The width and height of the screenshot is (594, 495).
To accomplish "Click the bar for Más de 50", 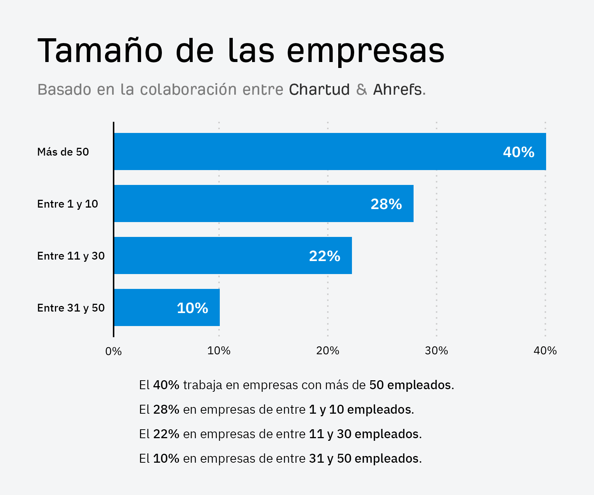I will pyautogui.click(x=330, y=152).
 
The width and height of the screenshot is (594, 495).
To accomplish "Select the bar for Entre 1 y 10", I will pyautogui.click(x=264, y=203).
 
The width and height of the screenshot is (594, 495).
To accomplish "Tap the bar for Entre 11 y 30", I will pyautogui.click(x=233, y=255).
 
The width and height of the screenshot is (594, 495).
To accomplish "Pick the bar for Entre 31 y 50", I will pyautogui.click(x=167, y=307).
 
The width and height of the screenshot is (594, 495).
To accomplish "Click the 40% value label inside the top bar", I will pyautogui.click(x=518, y=152).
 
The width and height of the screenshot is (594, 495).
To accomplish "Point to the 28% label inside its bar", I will pyautogui.click(x=386, y=204).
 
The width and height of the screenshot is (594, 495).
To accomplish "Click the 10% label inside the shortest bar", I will pyautogui.click(x=192, y=308).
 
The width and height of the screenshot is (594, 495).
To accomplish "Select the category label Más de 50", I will pyautogui.click(x=63, y=152).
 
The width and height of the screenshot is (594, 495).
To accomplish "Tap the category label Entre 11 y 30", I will pyautogui.click(x=71, y=256).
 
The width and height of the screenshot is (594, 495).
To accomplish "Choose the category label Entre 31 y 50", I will pyautogui.click(x=71, y=308).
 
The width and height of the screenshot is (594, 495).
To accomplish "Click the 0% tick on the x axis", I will pyautogui.click(x=113, y=351).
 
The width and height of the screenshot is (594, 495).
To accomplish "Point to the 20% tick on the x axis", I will pyautogui.click(x=327, y=351).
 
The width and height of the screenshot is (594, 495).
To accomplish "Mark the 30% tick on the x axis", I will pyautogui.click(x=436, y=351).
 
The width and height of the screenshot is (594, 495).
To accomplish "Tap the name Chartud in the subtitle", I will pyautogui.click(x=319, y=90).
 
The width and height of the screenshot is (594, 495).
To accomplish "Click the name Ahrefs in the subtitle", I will pyautogui.click(x=397, y=90).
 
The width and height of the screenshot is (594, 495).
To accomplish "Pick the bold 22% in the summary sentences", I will pyautogui.click(x=166, y=434).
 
